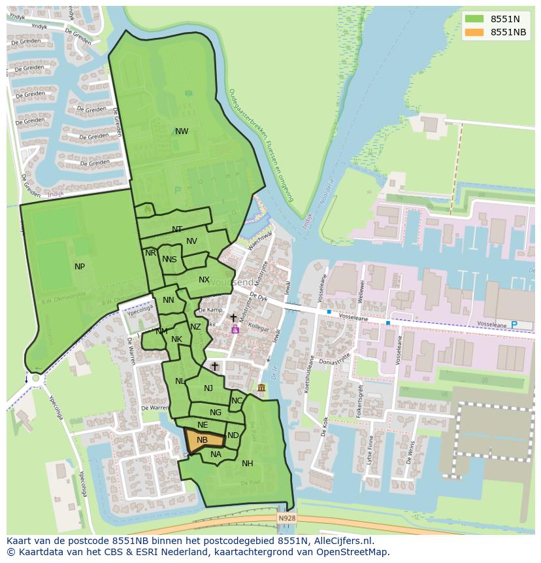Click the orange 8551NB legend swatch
475,32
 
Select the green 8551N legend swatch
475,19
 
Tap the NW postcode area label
182,131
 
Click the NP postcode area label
80,266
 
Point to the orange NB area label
202,440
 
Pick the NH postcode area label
247,464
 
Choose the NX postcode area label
204,280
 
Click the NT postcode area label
177,230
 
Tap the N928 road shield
286,518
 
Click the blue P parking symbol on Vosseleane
513,325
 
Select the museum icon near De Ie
261,389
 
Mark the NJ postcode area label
208,388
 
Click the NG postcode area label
216,413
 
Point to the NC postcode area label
237,401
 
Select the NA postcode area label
216,454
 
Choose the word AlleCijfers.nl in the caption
342,541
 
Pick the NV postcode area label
191,241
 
